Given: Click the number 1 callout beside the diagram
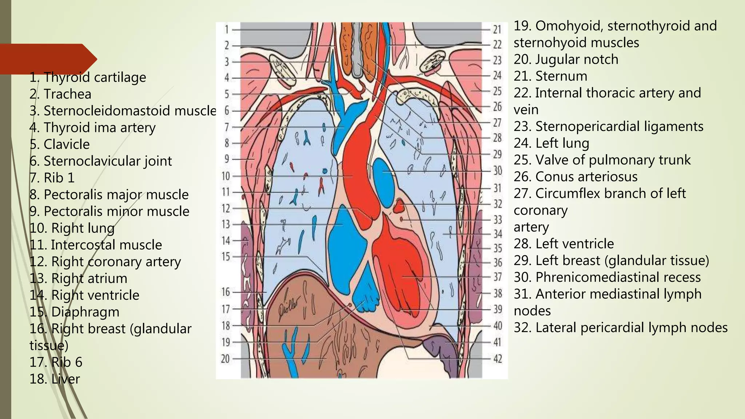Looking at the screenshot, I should click(227, 29).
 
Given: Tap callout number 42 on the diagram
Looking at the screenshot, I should click(498, 359).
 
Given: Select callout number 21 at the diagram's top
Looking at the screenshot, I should click(497, 29).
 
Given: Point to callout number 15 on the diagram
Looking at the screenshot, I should click(226, 257).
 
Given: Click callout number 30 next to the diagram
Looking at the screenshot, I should click(498, 171).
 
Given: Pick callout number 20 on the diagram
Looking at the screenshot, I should click(226, 359).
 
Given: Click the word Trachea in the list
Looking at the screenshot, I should click(67, 94).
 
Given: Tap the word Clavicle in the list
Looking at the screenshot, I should click(67, 144).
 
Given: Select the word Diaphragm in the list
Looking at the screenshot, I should click(85, 312).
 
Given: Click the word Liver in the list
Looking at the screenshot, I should click(65, 379).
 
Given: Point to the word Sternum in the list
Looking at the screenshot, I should click(561, 76).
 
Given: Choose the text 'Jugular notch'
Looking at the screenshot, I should click(577, 60).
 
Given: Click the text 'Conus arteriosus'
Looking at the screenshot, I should click(586, 177).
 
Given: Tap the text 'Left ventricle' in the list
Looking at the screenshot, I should click(574, 244).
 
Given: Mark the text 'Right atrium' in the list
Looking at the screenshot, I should click(89, 279).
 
